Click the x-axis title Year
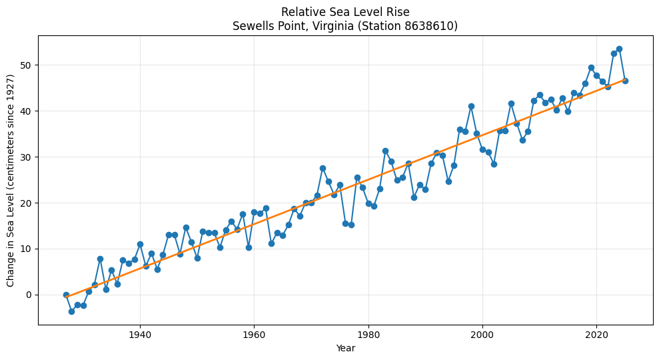(345, 348)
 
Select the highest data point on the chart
(619, 49)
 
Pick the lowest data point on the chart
(71, 311)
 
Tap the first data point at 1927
(66, 295)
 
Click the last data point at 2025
(625, 81)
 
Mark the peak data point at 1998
(471, 106)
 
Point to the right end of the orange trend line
(625, 79)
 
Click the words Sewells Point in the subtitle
(264, 27)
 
